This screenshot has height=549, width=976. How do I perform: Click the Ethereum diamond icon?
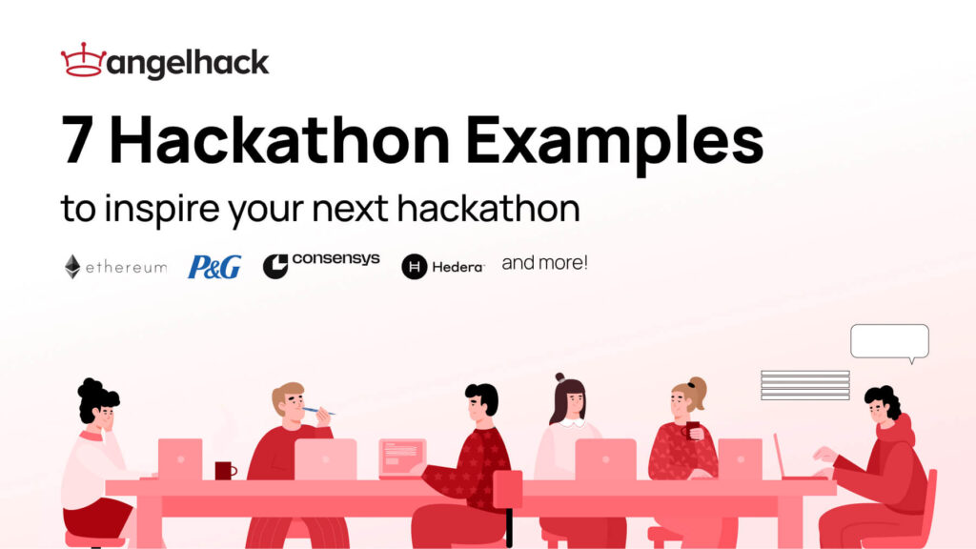72,267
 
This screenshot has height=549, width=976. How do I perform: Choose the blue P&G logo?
214,267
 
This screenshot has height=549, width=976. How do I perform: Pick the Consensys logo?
321,264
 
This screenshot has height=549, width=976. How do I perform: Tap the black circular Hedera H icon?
414,267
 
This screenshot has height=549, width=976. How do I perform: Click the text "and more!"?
544,262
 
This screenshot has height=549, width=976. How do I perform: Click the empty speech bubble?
889,341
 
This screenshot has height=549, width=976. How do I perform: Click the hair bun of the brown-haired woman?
559,377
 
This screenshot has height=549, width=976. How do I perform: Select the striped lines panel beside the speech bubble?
804,385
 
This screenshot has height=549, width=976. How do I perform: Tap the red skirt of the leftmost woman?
97,516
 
